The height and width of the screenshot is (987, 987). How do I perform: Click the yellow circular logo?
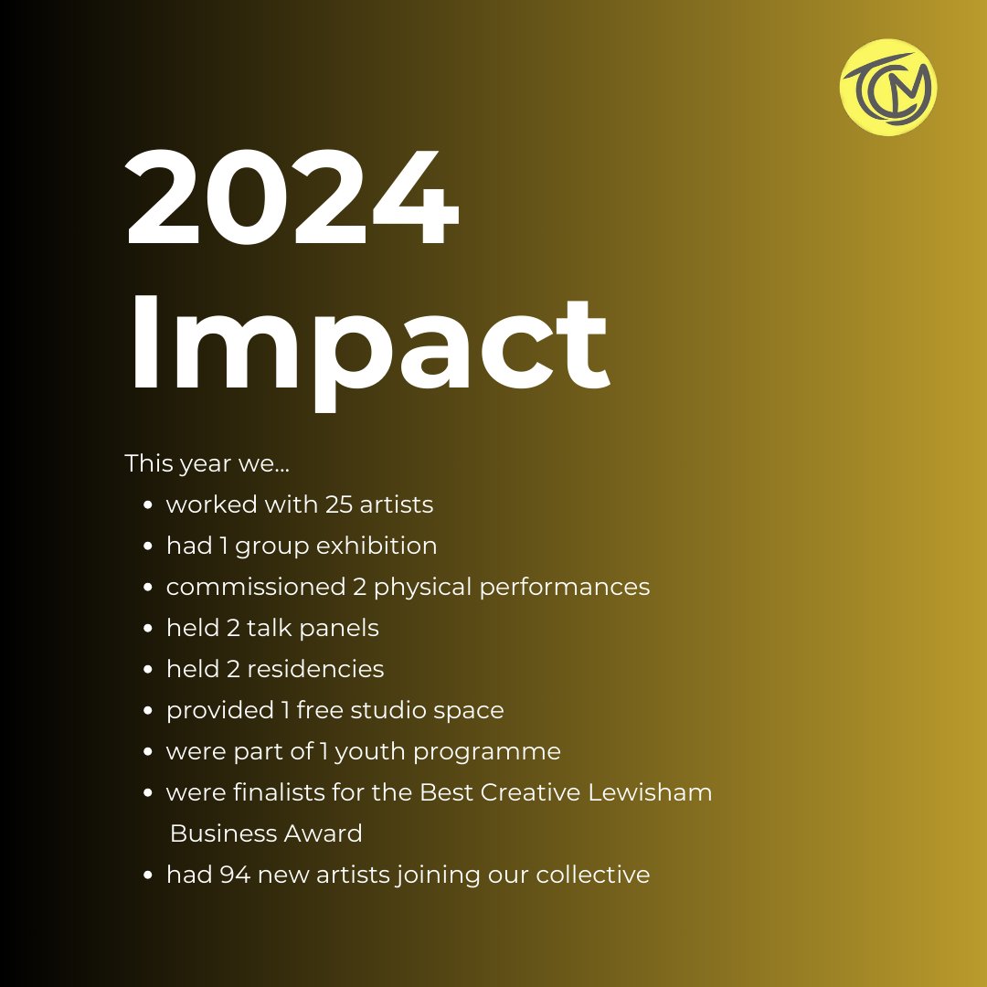[x=888, y=87]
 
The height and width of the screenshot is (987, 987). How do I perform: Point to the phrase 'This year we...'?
[x=207, y=463]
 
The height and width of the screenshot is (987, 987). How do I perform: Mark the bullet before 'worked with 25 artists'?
[x=147, y=505]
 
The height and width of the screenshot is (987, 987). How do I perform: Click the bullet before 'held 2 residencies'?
[x=147, y=670]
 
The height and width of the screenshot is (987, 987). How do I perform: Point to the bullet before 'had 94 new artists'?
[x=147, y=876]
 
